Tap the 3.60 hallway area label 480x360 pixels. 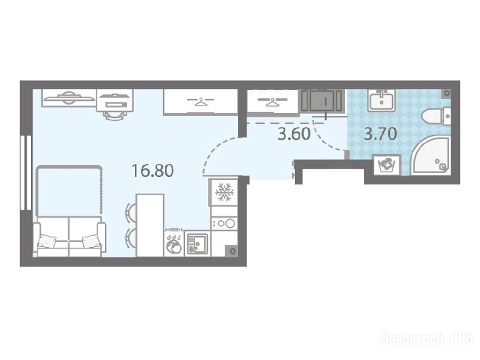click(x=294, y=134)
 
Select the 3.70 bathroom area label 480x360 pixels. click(x=380, y=134)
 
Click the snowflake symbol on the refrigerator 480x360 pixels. click(x=225, y=192)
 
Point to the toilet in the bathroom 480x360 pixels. click(x=436, y=116)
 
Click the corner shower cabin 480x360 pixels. click(x=432, y=156)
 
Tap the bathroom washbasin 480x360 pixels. click(x=382, y=100)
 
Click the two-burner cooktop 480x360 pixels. click(x=225, y=223)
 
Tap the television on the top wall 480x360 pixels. click(x=68, y=97)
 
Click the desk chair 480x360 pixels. click(x=115, y=115)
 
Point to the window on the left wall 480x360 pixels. click(x=26, y=172)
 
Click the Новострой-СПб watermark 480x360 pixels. click(x=427, y=339)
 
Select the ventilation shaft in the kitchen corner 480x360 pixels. click(x=232, y=251)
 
